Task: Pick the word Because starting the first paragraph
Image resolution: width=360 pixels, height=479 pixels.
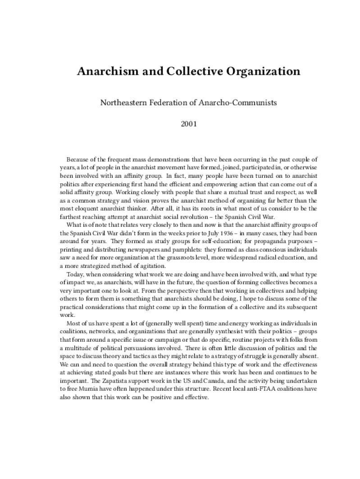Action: pyautogui.click(x=77, y=160)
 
